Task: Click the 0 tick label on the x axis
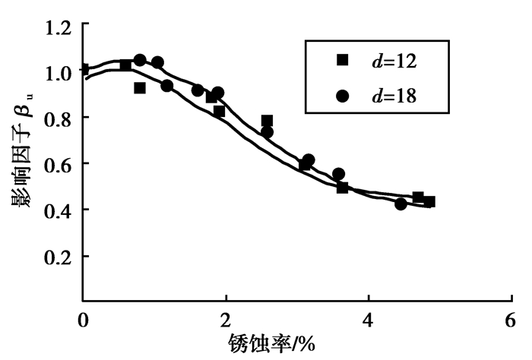click(83, 319)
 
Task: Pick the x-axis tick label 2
click(226, 319)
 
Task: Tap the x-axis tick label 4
click(369, 319)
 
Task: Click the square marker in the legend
click(342, 59)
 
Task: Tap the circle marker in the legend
click(342, 96)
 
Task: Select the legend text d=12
click(393, 60)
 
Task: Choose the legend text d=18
click(393, 96)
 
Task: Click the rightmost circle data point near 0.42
click(401, 204)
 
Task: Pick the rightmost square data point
click(429, 201)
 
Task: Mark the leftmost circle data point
click(140, 60)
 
